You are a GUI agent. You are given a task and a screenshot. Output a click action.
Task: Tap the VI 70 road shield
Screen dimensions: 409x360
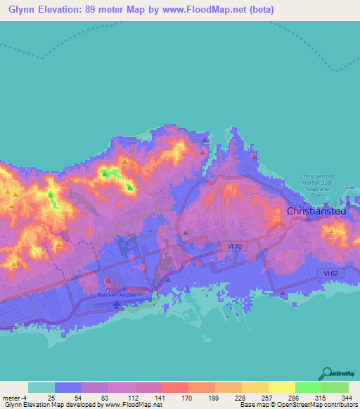235,245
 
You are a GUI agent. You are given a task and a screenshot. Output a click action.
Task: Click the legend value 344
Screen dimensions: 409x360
347,397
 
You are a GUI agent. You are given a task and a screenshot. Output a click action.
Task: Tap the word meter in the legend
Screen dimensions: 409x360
11,397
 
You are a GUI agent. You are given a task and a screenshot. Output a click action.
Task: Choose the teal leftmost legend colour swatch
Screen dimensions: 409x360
41,387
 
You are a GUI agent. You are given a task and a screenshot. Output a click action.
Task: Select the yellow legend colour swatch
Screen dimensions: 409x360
281,387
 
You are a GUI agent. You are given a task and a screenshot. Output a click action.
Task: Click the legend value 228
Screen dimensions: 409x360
240,397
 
